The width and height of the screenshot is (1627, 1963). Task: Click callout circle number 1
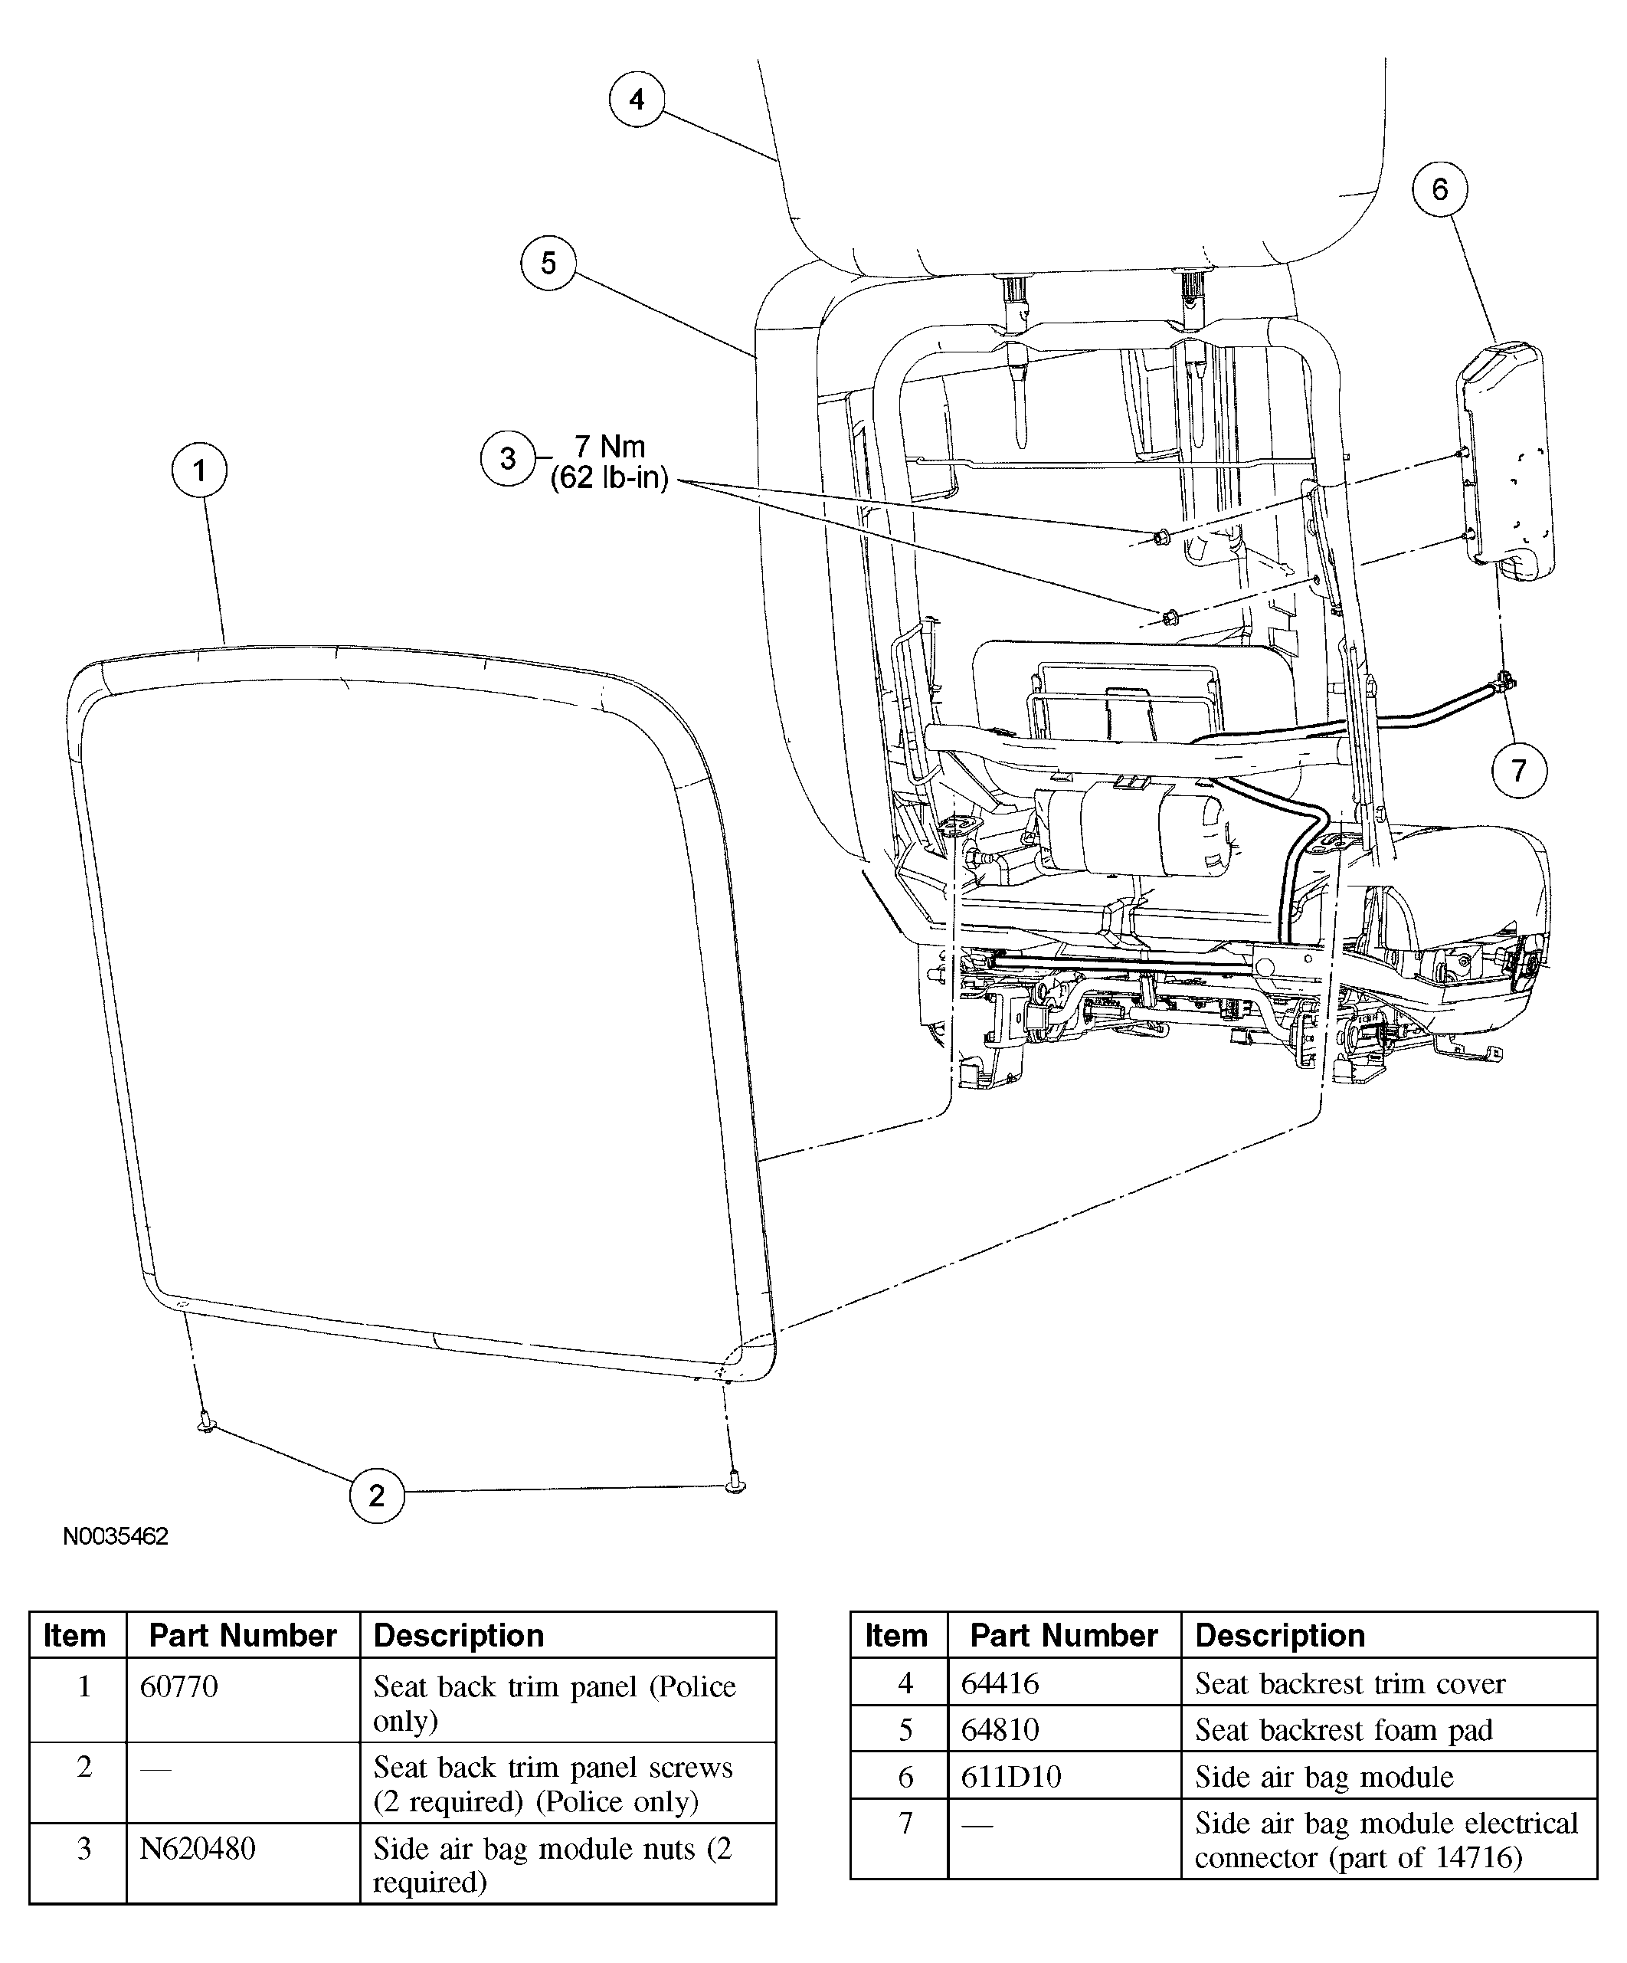pos(199,470)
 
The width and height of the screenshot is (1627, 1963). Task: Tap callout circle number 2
pos(377,1496)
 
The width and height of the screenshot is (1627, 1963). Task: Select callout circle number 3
pos(507,459)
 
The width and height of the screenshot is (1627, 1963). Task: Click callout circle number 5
pos(548,263)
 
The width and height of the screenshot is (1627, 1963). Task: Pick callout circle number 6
pos(1439,190)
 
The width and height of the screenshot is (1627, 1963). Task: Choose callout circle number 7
pos(1518,770)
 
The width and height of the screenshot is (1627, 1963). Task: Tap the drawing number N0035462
pos(116,1562)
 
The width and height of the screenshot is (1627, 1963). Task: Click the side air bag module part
pos(1503,458)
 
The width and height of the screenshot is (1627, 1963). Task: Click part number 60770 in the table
pos(178,1686)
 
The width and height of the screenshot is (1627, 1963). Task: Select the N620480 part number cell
pos(197,1848)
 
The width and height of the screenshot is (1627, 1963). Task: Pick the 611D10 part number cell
pos(1011,1776)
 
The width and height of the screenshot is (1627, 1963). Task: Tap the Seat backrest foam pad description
pos(1343,1729)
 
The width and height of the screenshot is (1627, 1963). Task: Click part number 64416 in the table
pos(1000,1683)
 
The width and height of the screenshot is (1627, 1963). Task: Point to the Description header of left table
pos(458,1635)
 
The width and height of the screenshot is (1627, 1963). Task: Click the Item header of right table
pos(895,1635)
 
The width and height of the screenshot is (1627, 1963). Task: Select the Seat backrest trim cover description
pos(1350,1683)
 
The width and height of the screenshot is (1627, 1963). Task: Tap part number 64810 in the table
pos(1000,1729)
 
